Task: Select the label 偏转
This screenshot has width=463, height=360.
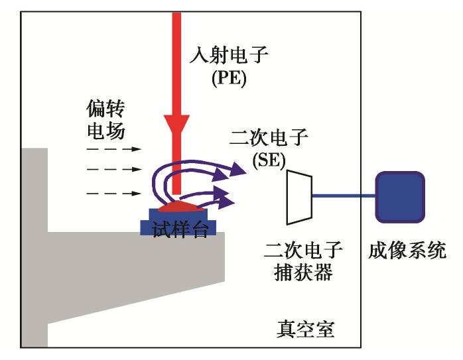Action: (x=106, y=107)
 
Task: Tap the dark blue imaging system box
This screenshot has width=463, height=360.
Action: (x=399, y=197)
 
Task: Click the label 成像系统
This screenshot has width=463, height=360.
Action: (x=407, y=251)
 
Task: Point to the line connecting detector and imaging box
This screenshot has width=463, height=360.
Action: (x=344, y=196)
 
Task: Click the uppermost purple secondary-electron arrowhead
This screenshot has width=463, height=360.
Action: (x=238, y=172)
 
